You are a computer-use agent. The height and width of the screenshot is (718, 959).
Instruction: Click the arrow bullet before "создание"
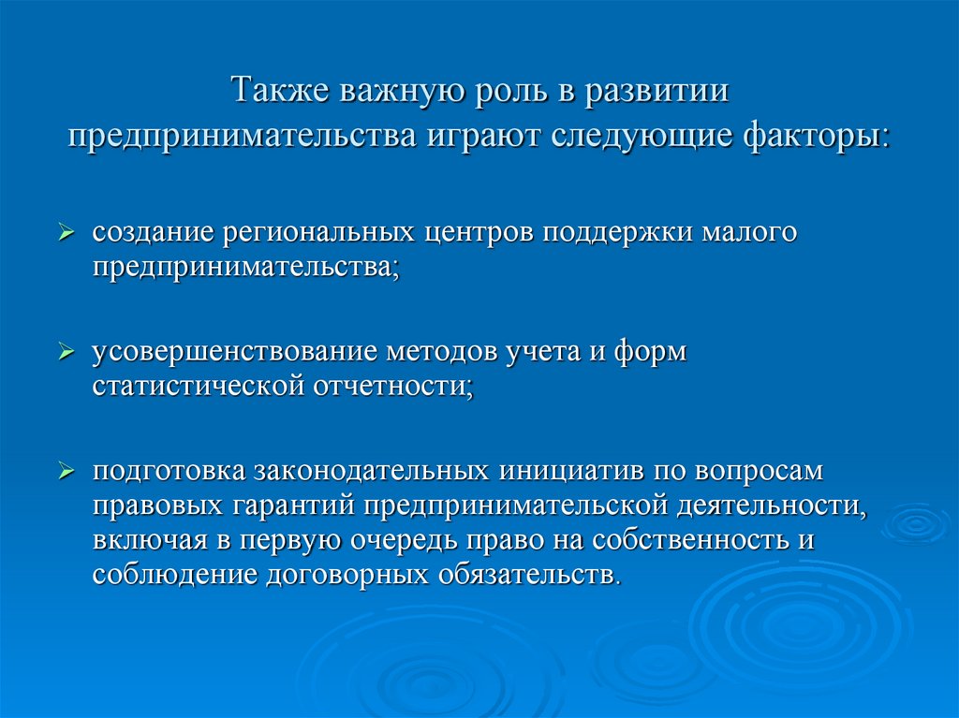click(x=66, y=233)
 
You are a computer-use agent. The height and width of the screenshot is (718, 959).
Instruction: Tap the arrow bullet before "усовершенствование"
click(x=66, y=353)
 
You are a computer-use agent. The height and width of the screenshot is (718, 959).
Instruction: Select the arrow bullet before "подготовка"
click(x=66, y=472)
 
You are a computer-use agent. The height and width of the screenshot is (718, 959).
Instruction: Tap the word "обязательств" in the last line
click(x=528, y=574)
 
